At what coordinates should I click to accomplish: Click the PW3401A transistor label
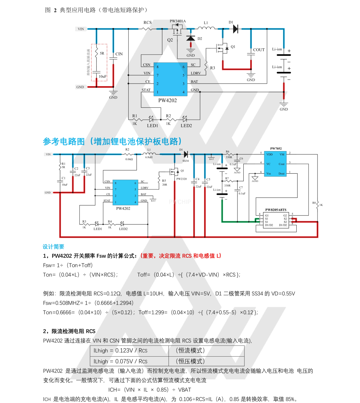[178, 21]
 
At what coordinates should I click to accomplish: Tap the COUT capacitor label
[259, 50]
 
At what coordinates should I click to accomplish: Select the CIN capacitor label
[119, 54]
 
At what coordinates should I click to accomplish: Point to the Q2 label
[170, 40]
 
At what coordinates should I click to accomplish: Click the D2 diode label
[200, 39]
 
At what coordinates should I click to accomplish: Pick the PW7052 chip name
[276, 149]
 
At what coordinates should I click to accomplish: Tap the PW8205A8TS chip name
[276, 210]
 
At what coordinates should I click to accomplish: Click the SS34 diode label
[186, 161]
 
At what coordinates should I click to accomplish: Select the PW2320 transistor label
[182, 179]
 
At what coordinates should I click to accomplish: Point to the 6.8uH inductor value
[149, 157]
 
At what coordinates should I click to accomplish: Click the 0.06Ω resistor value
[129, 160]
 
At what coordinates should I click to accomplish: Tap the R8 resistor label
[314, 203]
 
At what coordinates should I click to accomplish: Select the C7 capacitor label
[241, 188]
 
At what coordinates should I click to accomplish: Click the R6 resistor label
[227, 152]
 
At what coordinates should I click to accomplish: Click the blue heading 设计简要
[54, 247]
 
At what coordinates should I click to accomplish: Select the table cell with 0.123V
[121, 351]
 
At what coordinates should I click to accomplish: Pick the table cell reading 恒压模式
[190, 361]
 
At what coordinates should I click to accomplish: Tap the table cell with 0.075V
[121, 362]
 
